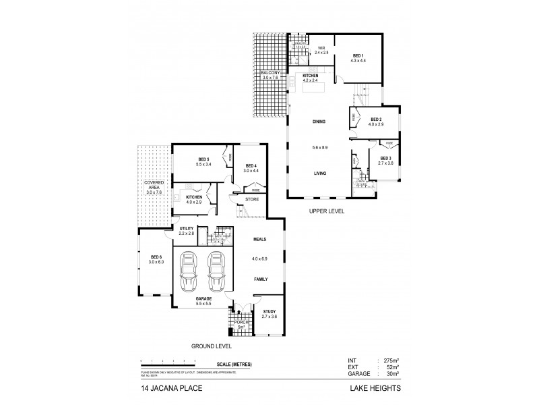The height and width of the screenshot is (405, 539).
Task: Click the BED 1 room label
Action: (x=357, y=55)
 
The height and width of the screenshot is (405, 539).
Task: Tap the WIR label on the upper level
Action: (x=321, y=48)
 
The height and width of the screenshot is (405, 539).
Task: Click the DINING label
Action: (x=319, y=122)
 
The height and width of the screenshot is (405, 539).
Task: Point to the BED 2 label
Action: (x=375, y=119)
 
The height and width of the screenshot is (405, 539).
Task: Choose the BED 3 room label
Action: (x=385, y=159)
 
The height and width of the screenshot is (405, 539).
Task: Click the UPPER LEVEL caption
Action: (x=327, y=211)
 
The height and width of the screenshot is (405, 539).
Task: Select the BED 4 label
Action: (x=251, y=166)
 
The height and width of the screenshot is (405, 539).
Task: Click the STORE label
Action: (x=252, y=199)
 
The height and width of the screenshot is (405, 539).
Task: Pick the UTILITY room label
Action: (x=187, y=229)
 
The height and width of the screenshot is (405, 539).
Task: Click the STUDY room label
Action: (x=260, y=312)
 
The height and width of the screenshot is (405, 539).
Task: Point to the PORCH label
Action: (x=241, y=323)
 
